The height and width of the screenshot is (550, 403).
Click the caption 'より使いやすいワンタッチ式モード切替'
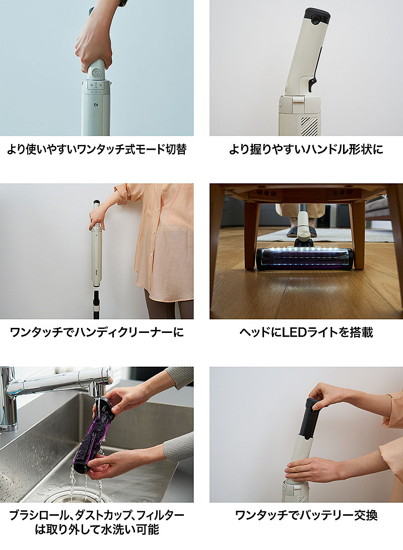click(x=97, y=150)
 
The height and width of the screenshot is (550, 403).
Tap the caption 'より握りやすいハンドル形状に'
click(x=306, y=150)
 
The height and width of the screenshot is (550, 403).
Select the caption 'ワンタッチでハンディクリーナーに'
click(x=97, y=332)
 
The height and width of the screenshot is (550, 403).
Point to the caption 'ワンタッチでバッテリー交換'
click(x=306, y=515)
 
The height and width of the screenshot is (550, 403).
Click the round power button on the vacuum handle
click(x=96, y=73)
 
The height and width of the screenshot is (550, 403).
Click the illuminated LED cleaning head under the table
click(x=304, y=259)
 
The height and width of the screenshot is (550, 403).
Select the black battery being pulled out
click(x=310, y=418)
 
